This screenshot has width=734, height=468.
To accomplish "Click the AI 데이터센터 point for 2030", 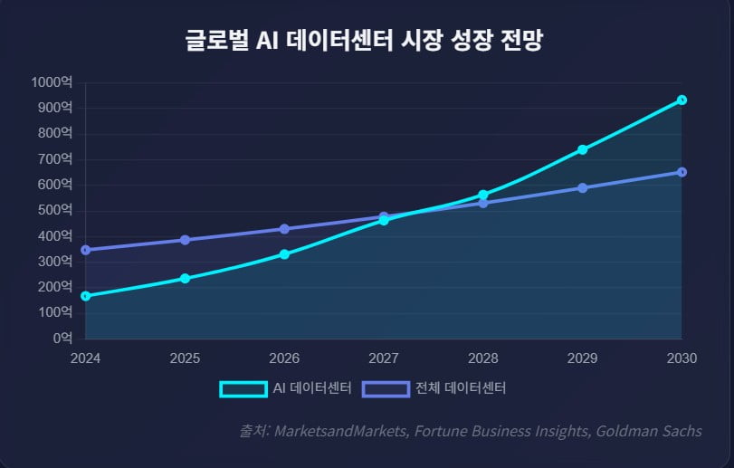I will (x=682, y=100).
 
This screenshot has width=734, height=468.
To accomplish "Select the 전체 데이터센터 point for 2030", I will (x=682, y=172).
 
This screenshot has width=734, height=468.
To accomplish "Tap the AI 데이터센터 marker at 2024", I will (x=85, y=296).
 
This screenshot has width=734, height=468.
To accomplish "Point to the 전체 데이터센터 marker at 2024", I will (x=85, y=250).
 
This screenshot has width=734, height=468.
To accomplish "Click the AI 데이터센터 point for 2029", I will (x=582, y=149).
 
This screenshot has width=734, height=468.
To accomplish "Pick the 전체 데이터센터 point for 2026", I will (x=284, y=229).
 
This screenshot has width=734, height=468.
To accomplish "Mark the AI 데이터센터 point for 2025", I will (x=185, y=278).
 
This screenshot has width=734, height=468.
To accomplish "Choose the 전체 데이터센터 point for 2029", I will (x=582, y=188).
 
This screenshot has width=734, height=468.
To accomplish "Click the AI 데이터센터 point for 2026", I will (x=284, y=254).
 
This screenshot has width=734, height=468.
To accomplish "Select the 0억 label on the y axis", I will (x=62, y=339).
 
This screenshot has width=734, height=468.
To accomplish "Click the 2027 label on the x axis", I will (x=384, y=358).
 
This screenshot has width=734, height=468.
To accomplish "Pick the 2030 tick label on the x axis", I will (x=682, y=358).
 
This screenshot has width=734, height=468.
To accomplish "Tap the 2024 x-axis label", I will (x=85, y=358).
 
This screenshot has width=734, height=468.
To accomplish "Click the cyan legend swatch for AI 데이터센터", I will (x=243, y=388).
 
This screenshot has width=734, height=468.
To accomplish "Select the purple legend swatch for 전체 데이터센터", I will (x=386, y=388).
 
